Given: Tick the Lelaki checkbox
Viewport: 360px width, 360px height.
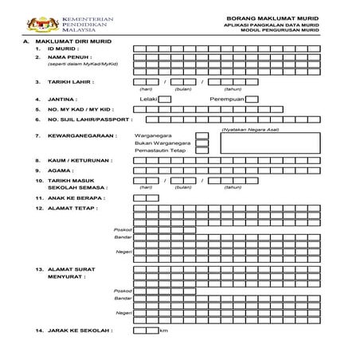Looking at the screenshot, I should (165, 100).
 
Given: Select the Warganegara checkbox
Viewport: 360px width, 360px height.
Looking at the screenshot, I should (202, 136).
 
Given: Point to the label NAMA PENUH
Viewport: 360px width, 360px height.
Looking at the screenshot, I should (69, 58).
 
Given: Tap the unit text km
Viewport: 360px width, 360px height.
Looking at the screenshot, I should (164, 331).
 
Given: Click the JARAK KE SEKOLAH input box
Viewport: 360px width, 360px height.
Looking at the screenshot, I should (146, 331).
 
